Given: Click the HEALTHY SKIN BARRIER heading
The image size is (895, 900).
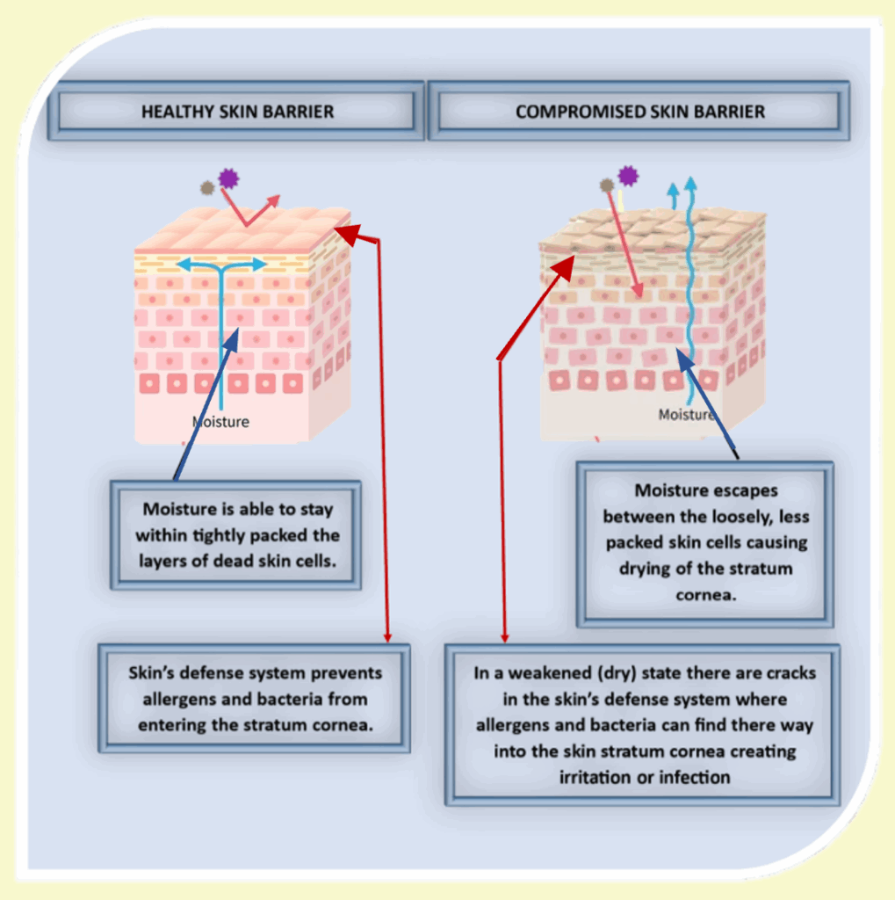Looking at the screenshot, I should coord(237,112).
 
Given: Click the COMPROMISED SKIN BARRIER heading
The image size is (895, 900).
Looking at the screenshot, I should coord(639,112).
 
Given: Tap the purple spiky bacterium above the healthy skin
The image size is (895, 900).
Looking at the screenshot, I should coord(229,178).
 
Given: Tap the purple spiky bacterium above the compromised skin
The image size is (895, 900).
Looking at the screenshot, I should coord(627,176).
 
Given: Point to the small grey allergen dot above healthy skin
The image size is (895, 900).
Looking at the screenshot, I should coord(207,187).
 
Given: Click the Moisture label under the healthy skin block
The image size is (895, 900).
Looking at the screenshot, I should coord(220,422).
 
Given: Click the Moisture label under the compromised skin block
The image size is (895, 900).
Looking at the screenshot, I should coord(686,414).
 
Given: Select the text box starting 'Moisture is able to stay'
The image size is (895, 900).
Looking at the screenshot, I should coord(236,534).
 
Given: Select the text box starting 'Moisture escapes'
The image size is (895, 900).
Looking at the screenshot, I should coord(705,542).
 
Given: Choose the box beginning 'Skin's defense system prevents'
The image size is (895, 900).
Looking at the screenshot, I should coord(255,699).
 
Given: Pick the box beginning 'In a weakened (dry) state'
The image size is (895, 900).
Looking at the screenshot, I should coord(644,725).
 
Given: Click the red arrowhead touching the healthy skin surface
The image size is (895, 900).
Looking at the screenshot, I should coord(345,231).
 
